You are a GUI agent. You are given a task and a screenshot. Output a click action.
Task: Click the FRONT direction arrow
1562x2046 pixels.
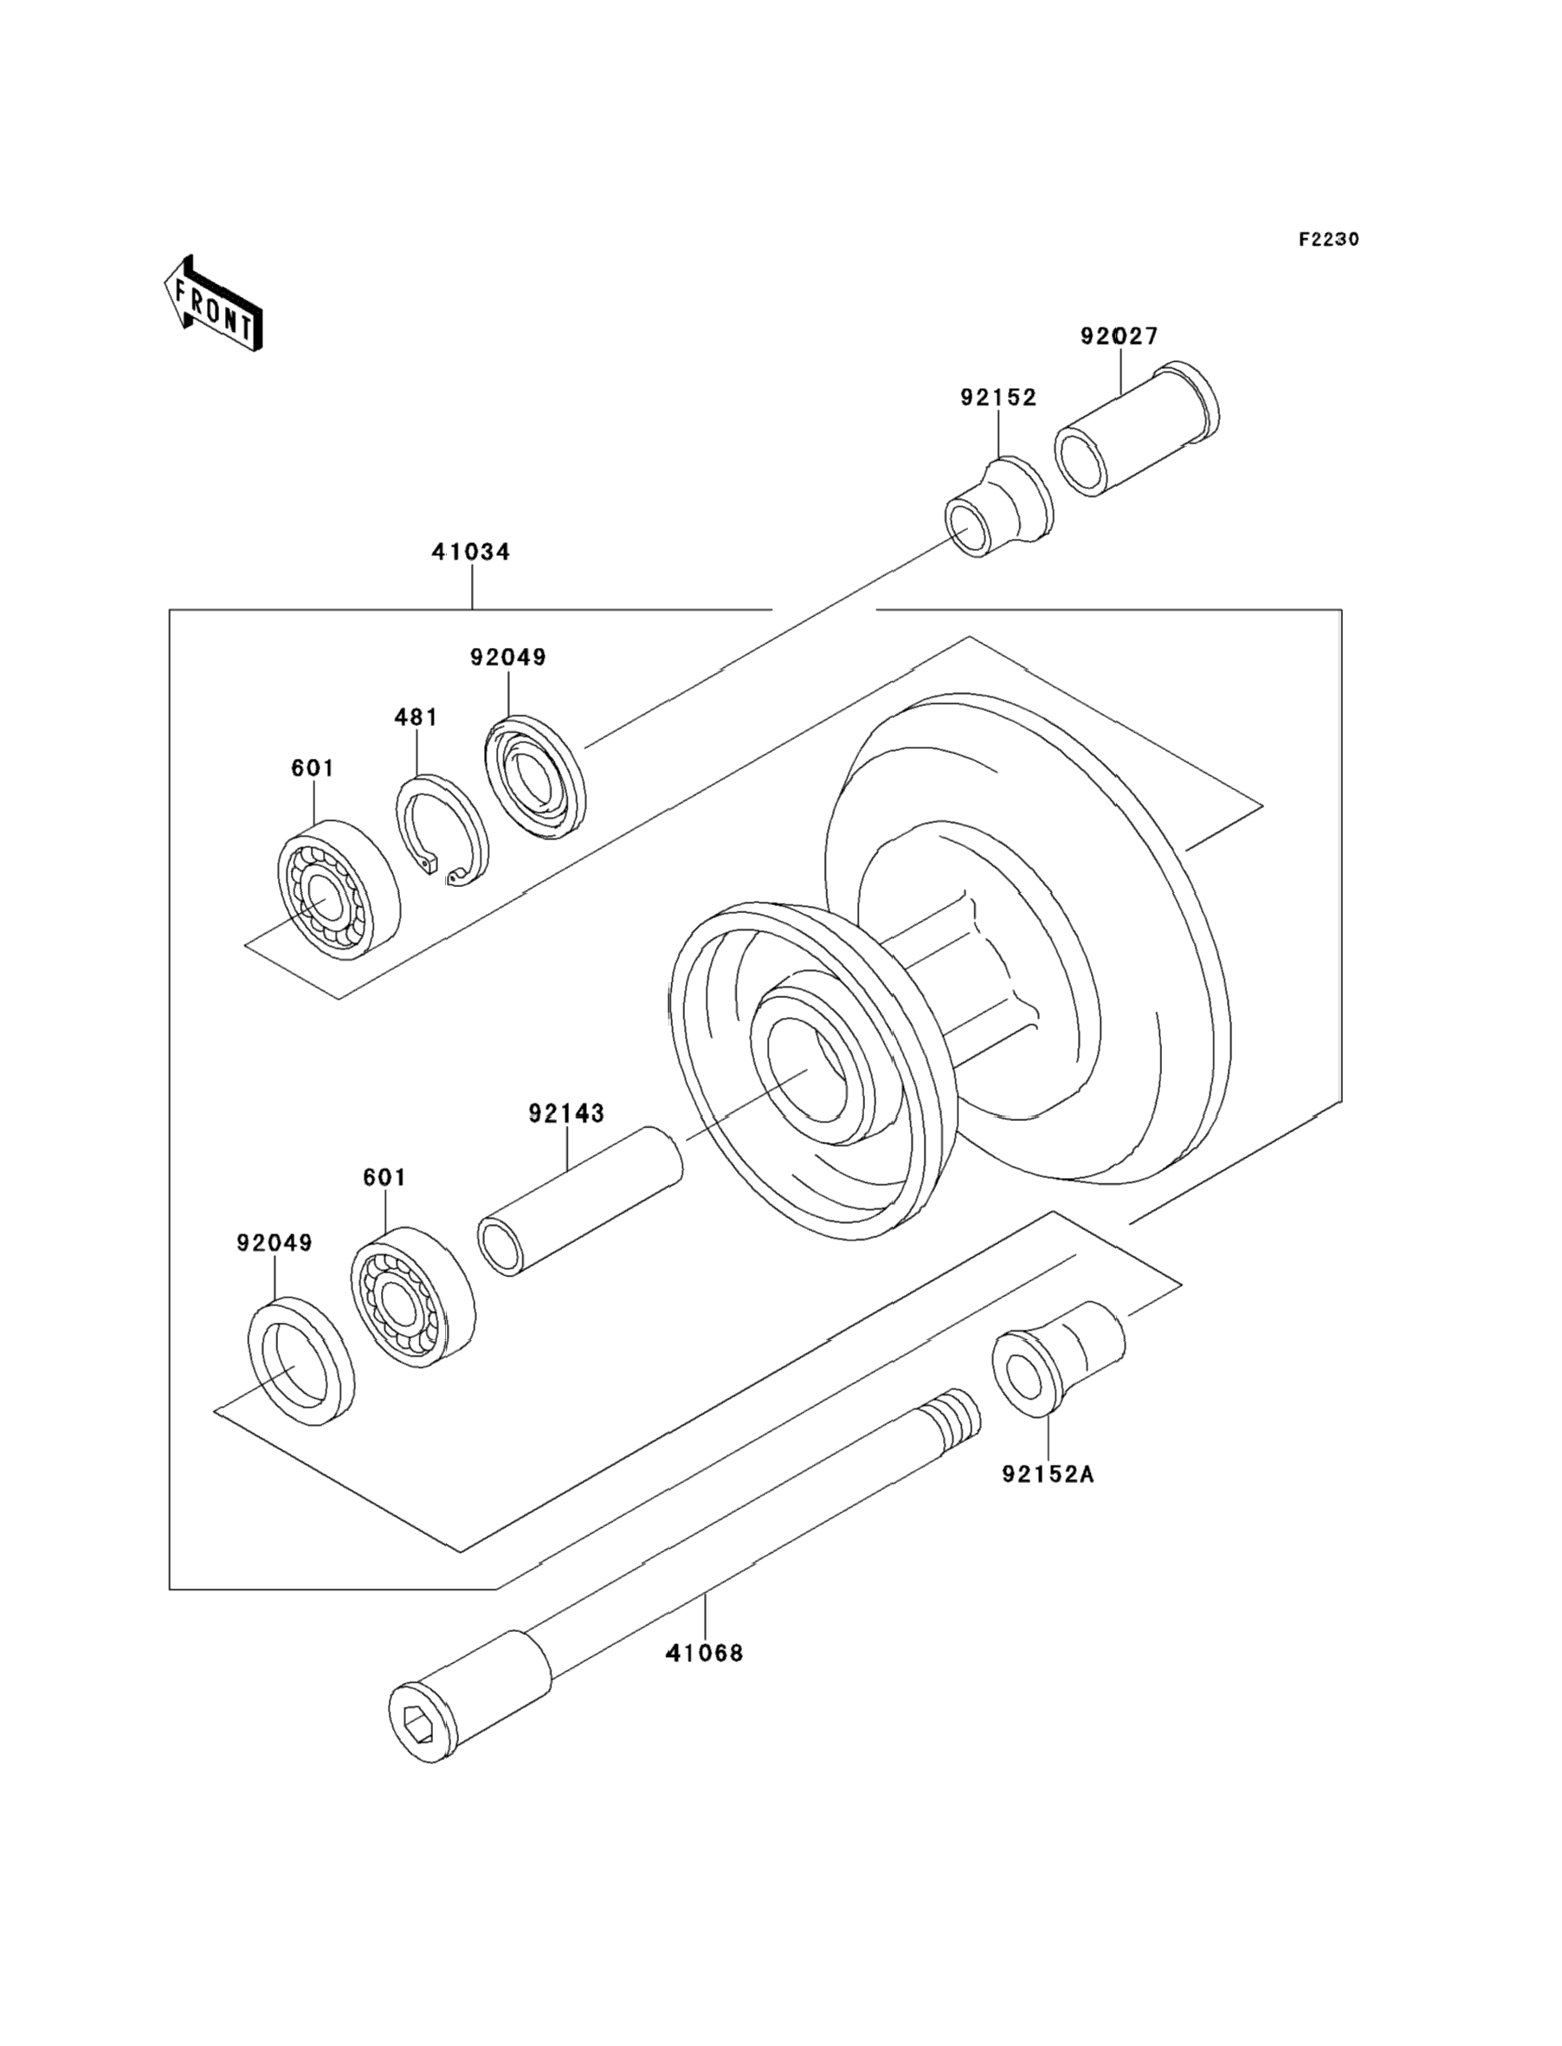[x=213, y=303]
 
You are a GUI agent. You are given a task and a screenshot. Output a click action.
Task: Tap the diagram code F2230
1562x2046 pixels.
[x=1328, y=239]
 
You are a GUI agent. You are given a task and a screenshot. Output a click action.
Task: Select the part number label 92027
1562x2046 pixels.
[x=1120, y=336]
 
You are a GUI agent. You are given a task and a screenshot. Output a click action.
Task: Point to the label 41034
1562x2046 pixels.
[x=471, y=552]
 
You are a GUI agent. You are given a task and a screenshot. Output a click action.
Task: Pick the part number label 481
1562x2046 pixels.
[x=416, y=717]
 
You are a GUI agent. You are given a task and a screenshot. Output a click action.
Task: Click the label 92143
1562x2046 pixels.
[x=566, y=1112]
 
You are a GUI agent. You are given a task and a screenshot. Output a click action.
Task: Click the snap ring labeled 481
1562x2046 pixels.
[x=442, y=831]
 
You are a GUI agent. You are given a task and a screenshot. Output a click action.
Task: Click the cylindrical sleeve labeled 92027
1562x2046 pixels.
[x=1136, y=428]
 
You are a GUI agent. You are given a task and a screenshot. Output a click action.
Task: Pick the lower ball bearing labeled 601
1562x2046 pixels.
[x=413, y=1298]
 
